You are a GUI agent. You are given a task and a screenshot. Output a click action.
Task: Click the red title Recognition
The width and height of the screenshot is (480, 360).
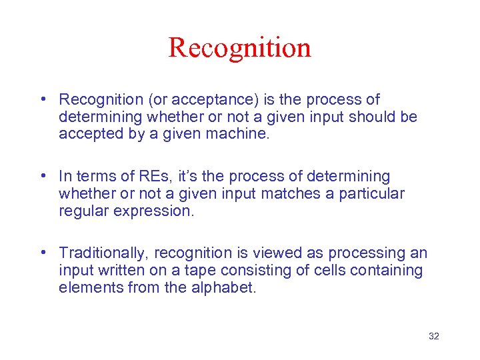(x=239, y=48)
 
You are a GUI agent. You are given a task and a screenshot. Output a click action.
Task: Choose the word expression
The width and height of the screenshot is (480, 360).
(x=155, y=211)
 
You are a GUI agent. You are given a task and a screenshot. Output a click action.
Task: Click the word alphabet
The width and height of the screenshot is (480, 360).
(x=222, y=287)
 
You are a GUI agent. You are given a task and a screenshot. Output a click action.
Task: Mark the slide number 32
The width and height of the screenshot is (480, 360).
(x=433, y=336)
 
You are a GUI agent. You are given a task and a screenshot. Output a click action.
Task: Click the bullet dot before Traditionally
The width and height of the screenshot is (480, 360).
(x=43, y=253)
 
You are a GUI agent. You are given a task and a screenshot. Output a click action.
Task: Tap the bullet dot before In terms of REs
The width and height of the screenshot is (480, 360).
(x=43, y=176)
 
